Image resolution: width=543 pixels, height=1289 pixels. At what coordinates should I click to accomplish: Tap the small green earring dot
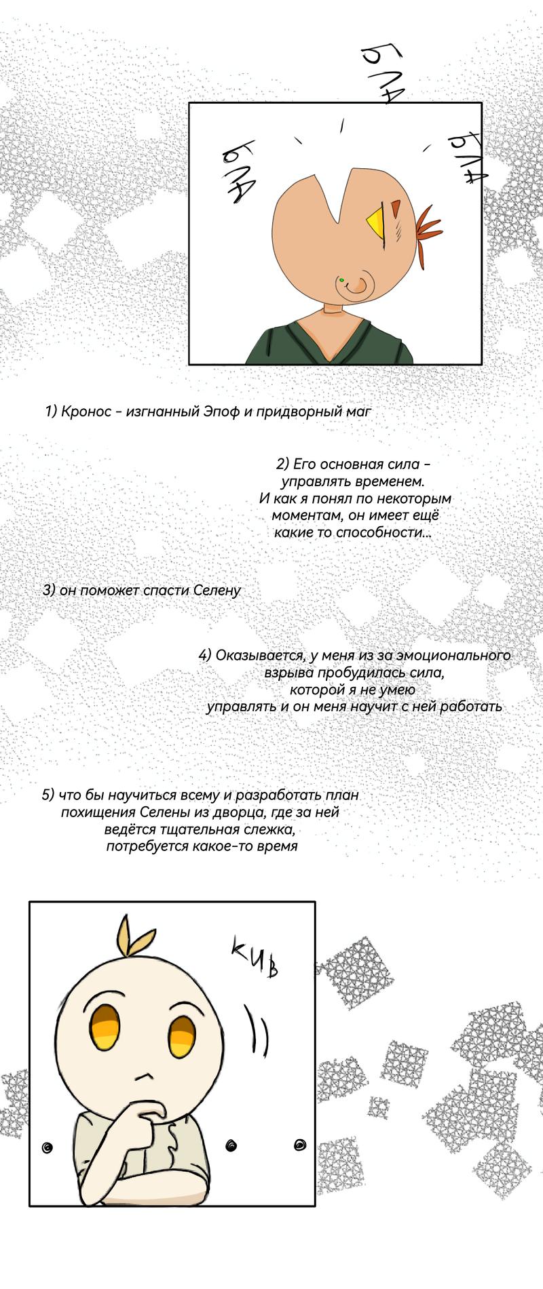pos(342,279)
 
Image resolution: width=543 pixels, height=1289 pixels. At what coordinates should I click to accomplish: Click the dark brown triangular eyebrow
pos(396,205)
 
